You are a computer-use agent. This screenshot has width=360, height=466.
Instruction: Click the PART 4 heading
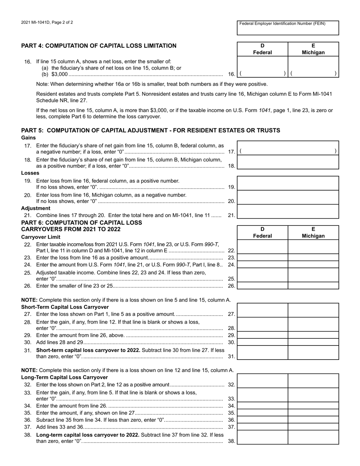click(x=99, y=46)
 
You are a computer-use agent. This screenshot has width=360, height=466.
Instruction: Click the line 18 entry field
click(x=288, y=162)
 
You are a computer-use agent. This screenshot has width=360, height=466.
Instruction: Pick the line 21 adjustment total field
click(x=288, y=212)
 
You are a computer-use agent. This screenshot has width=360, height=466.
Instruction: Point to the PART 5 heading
click(x=150, y=130)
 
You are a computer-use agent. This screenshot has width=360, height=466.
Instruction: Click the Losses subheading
click(x=30, y=173)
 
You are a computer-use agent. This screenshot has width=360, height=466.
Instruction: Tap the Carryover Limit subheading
click(x=41, y=237)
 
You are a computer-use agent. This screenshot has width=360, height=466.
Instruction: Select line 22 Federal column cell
click(x=263, y=247)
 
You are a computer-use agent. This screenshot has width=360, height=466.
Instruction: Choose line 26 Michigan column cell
click(x=313, y=286)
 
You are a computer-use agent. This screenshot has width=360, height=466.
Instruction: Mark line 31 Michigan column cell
click(x=313, y=353)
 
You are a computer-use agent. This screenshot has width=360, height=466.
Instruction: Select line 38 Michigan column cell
click(x=313, y=437)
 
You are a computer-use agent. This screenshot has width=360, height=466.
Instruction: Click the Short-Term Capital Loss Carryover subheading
click(x=65, y=307)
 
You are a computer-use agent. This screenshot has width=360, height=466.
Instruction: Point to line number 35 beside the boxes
click(x=232, y=413)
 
